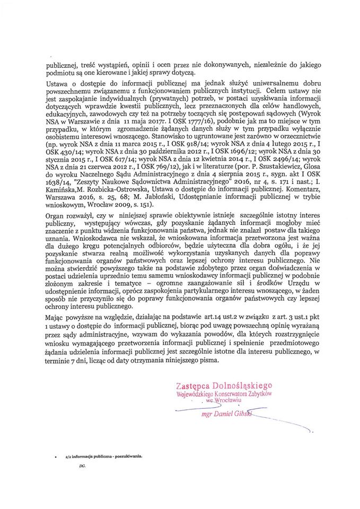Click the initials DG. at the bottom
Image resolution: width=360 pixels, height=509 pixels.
click(x=81, y=466)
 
